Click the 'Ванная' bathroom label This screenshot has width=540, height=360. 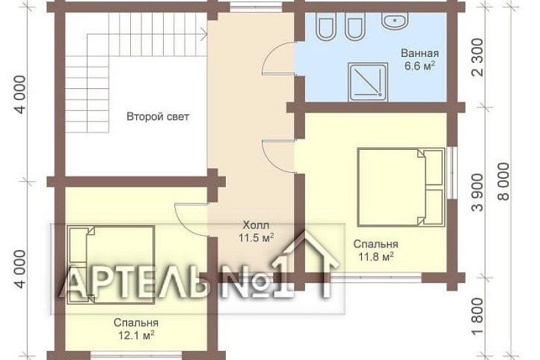tap(420, 54)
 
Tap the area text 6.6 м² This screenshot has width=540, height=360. tap(420, 66)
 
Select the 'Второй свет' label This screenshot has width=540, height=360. tap(158, 117)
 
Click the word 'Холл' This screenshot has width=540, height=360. tap(256, 226)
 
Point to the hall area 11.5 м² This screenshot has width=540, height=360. tap(256, 238)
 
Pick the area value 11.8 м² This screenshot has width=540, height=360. tap(376, 257)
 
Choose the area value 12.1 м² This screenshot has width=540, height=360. tap(136, 335)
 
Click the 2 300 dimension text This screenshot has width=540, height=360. tap(478, 57)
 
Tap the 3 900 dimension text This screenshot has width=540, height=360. tap(478, 192)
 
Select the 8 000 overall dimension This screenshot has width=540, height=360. tap(503, 181)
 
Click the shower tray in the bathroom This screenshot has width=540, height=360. tap(368, 82)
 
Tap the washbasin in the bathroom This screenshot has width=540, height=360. tap(395, 19)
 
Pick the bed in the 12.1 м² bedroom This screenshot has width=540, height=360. tap(111, 265)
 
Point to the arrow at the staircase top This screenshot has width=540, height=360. tap(204, 34)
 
